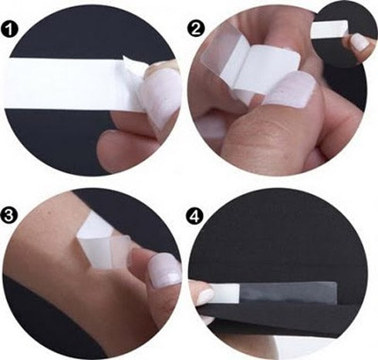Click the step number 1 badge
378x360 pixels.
(x=9, y=29)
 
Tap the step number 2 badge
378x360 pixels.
(x=196, y=29)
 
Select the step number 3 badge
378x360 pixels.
(x=8, y=215)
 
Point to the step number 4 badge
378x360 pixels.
(x=194, y=217)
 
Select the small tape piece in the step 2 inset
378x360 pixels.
(x=329, y=30)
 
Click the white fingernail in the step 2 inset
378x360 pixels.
(x=359, y=43)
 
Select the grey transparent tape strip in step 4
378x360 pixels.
(x=288, y=293)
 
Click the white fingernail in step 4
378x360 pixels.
(x=205, y=295)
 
